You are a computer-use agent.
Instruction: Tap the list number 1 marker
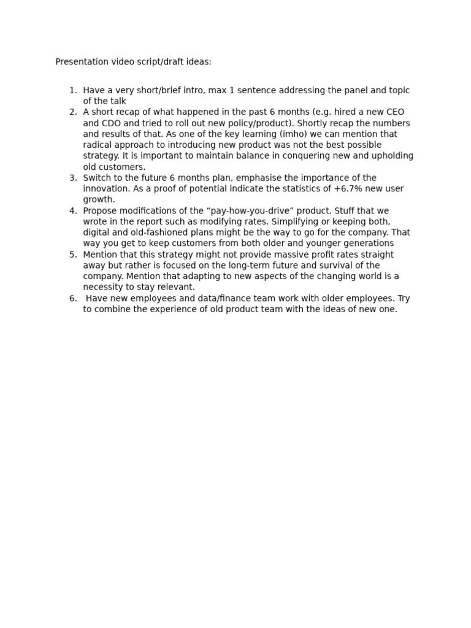click(73, 90)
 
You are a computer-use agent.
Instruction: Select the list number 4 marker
click(73, 211)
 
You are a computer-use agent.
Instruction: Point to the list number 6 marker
click(73, 299)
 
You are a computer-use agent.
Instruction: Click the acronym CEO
click(396, 112)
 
